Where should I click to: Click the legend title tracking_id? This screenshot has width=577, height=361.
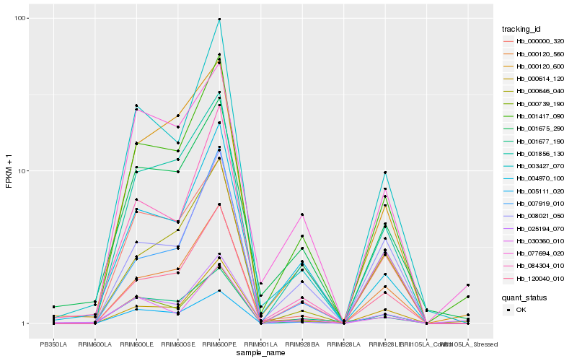[x=521, y=29]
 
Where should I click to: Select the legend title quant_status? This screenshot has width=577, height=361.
[x=524, y=297]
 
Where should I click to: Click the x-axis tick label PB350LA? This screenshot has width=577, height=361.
[x=53, y=334]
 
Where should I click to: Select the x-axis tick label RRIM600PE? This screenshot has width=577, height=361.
[x=219, y=334]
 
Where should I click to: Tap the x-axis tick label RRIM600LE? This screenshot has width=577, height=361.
[x=136, y=334]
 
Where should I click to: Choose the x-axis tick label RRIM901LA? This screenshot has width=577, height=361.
[x=260, y=334]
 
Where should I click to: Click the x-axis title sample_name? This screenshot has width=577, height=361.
[x=260, y=343]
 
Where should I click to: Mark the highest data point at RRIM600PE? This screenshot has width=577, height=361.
[x=219, y=19]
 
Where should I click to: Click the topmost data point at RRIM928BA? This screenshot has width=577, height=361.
[x=302, y=214]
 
